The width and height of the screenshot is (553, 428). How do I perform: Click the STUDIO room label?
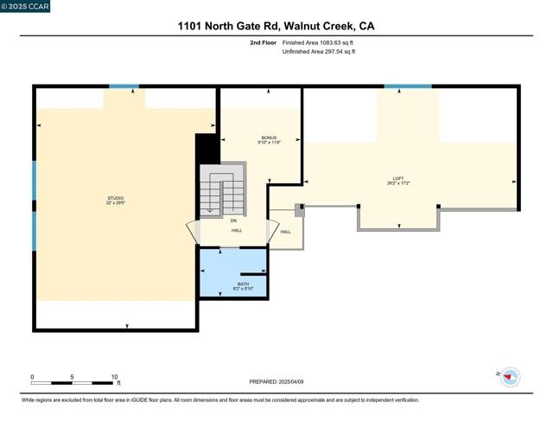(x=115, y=198)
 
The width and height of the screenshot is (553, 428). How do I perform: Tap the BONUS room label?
(x=270, y=137)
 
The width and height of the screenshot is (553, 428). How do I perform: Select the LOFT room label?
(x=397, y=179)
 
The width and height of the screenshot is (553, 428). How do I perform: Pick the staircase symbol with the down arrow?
(x=222, y=193)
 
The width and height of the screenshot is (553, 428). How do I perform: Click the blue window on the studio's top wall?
(x=124, y=86)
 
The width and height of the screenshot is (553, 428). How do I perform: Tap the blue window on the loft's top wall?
(x=408, y=86)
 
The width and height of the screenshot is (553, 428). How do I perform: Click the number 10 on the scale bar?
(x=114, y=377)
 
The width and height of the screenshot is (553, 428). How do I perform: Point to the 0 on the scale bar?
(x=33, y=377)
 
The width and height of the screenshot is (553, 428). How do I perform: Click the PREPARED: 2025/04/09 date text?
(x=276, y=381)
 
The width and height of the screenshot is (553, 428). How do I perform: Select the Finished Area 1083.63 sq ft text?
(x=319, y=42)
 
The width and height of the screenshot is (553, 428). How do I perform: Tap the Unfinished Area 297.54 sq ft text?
(x=319, y=52)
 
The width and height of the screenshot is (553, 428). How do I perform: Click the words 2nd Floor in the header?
(x=264, y=42)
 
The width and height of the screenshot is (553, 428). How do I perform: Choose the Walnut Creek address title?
(x=276, y=26)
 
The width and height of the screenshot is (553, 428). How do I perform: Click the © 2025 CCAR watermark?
(x=25, y=6)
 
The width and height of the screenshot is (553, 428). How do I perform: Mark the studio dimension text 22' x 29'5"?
(x=115, y=203)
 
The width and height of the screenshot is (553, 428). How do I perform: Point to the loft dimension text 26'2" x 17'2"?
(x=397, y=184)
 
